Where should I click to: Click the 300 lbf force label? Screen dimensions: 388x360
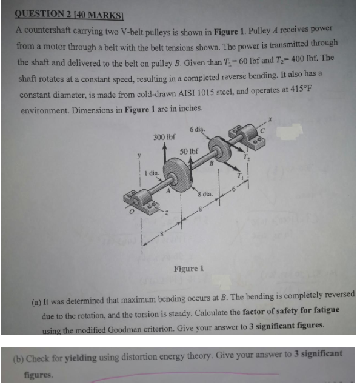164,137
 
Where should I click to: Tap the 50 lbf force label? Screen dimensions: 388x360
190,150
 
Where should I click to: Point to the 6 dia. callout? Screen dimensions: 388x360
197,129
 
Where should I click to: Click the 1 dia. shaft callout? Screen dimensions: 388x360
150,175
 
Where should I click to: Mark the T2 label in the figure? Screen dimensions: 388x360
246,156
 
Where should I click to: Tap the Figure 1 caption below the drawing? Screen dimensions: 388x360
188,267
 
